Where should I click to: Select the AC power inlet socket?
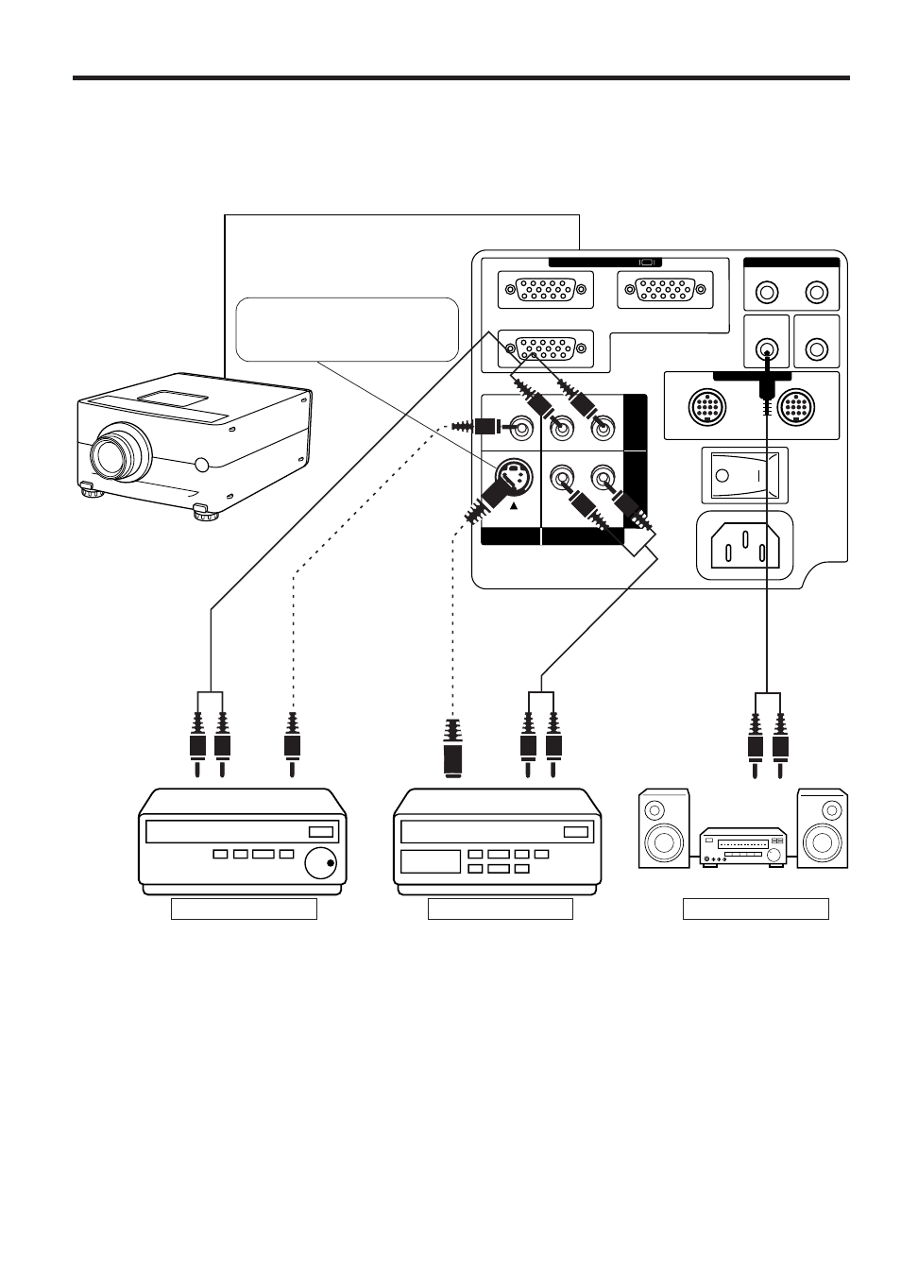(x=743, y=544)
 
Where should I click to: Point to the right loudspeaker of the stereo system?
(x=822, y=828)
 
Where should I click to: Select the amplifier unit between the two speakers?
(x=742, y=846)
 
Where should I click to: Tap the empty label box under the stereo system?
(x=756, y=909)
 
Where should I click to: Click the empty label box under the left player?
(x=243, y=909)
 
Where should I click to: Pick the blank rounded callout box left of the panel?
(x=347, y=329)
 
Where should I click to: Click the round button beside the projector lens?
(x=199, y=465)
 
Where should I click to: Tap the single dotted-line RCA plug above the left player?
(x=294, y=741)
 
